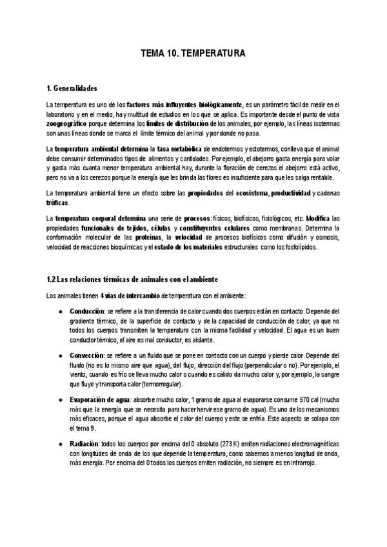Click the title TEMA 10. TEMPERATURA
coord(193,55)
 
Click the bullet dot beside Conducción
coord(60,310)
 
